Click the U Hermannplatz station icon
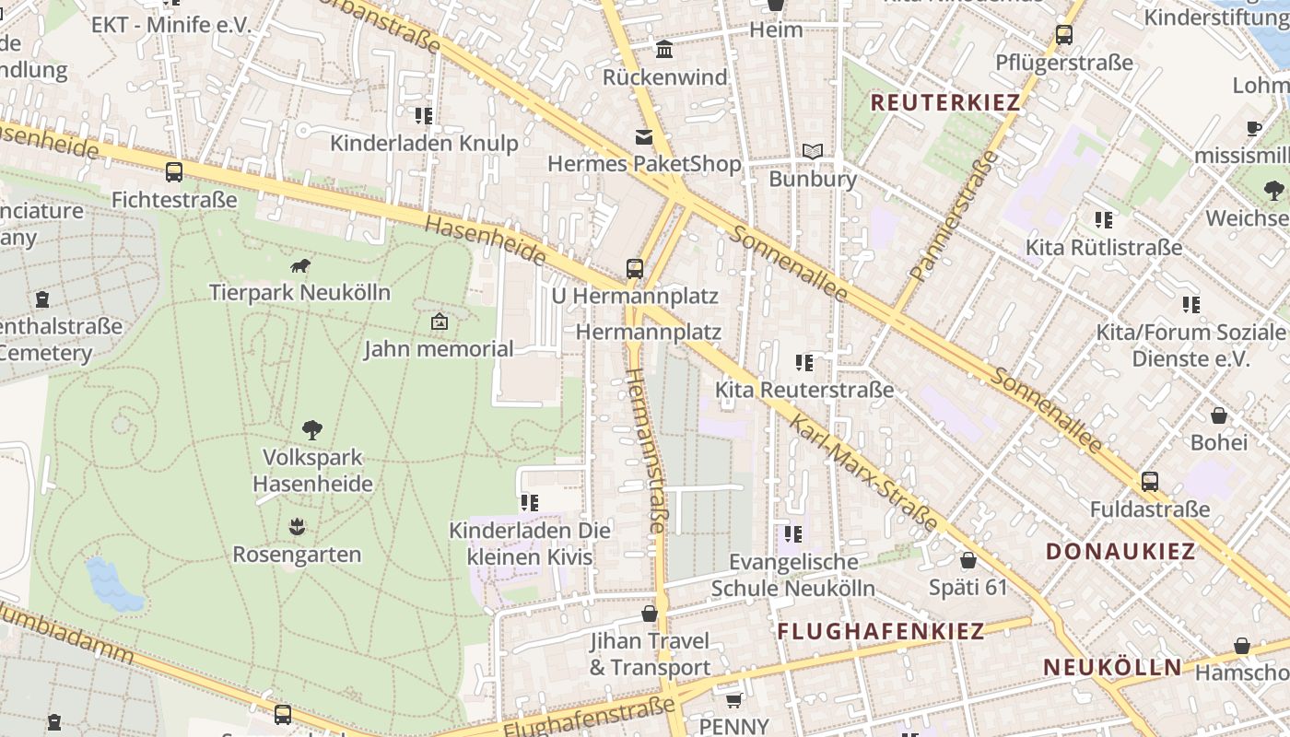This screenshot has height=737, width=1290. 635,269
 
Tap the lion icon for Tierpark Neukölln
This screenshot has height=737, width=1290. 299,266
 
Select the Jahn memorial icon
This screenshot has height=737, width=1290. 440,322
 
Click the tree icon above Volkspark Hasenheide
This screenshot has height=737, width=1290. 312,429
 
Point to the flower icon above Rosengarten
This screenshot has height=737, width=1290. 297,527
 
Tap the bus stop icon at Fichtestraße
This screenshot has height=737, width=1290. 173,171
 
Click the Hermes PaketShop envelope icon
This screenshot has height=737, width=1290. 643,137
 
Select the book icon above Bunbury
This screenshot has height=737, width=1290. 812,151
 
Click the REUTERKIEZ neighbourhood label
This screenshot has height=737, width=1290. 945,102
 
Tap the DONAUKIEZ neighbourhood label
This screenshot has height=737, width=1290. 1120,552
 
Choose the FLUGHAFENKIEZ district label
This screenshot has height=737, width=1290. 881,631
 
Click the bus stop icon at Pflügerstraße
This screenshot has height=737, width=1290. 1064,35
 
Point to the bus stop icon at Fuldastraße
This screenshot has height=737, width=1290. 1150,481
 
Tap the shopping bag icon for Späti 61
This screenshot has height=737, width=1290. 968,560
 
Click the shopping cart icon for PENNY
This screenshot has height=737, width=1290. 733,700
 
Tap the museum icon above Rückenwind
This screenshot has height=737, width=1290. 664,49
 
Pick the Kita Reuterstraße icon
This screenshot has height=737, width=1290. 804,363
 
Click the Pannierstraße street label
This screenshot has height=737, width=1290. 954,216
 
